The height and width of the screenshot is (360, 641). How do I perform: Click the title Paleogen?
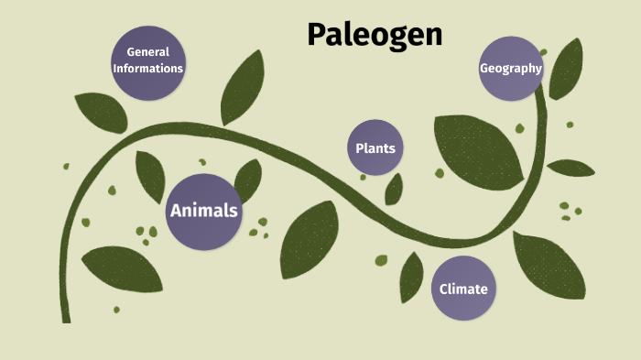click(375, 35)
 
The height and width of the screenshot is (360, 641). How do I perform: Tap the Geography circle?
click(511, 68)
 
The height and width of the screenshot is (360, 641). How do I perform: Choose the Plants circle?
click(375, 147)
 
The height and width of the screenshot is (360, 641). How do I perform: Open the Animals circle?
click(203, 212)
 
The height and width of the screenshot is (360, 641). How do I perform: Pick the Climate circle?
click(462, 289)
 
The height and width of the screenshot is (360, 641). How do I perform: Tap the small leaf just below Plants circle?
click(394, 190)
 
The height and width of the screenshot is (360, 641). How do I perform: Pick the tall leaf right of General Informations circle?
click(242, 87)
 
